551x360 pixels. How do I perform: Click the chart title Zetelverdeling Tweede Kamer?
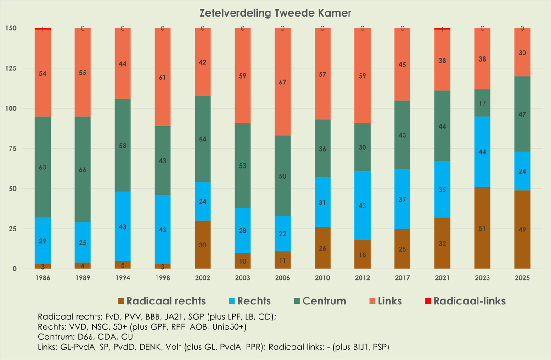tap(275, 13)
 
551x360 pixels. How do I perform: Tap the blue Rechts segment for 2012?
tap(362, 205)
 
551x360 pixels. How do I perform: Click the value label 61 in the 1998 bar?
tap(163, 78)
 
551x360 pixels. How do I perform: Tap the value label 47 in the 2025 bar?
tap(522, 114)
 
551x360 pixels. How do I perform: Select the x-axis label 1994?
tap(123, 278)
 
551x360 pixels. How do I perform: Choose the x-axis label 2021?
tap(442, 278)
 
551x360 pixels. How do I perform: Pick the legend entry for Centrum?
tap(324, 301)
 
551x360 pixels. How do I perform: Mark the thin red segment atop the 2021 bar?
tap(442, 28)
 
